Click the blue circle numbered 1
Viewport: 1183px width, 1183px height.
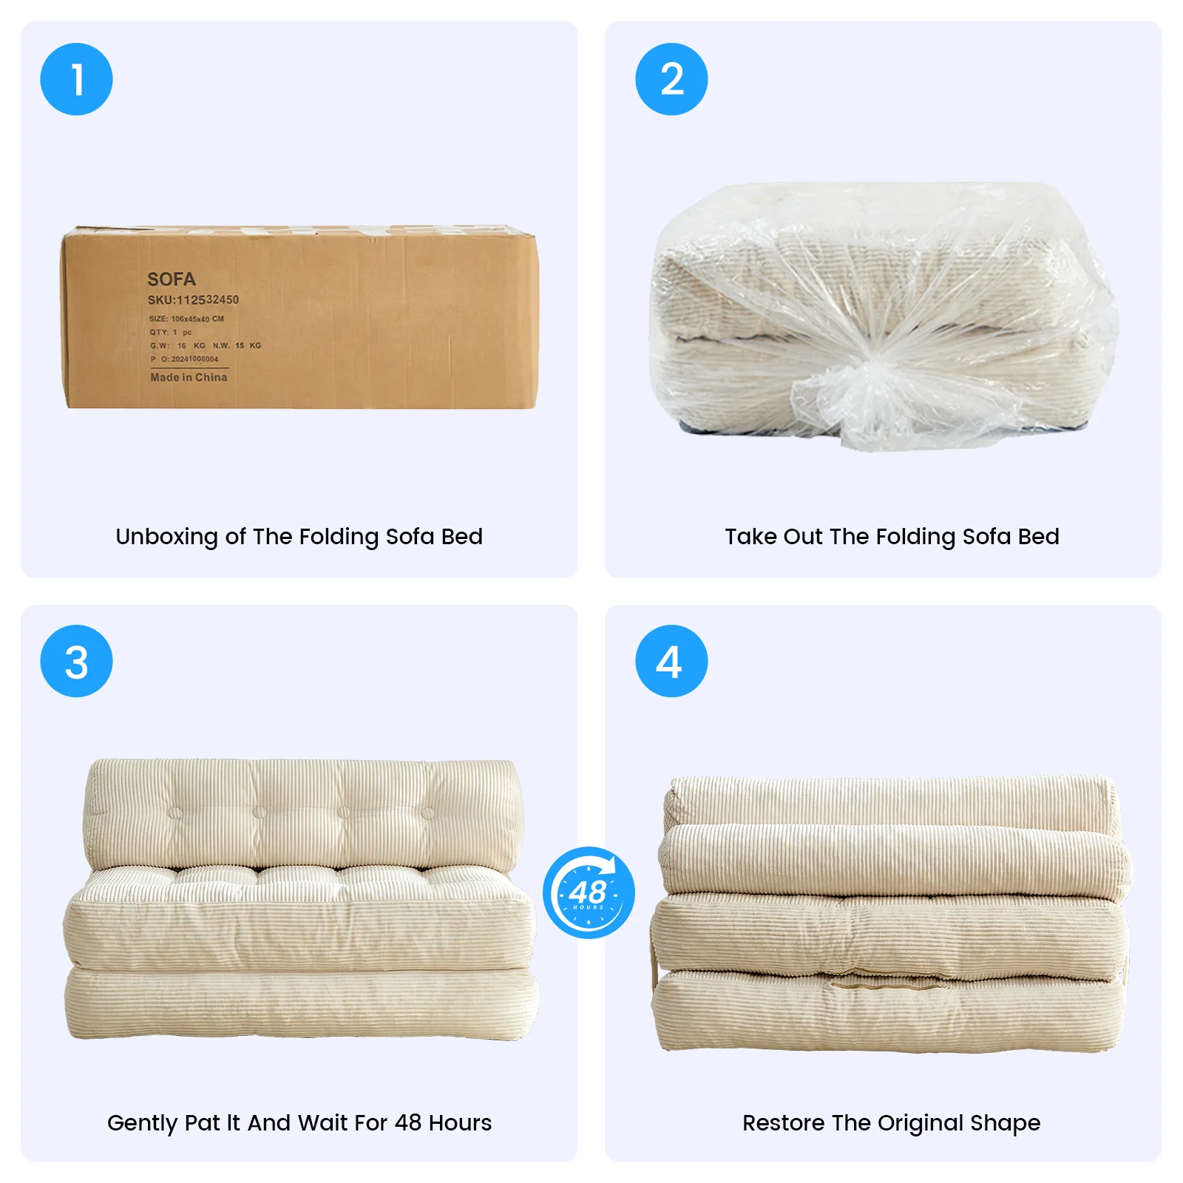click(x=76, y=79)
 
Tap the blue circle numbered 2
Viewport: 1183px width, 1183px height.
click(x=671, y=79)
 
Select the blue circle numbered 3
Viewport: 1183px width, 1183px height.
click(x=76, y=661)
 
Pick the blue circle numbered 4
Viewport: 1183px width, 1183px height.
click(x=671, y=661)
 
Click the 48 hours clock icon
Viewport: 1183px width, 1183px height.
click(x=589, y=892)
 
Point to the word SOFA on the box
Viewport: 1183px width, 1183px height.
click(x=172, y=279)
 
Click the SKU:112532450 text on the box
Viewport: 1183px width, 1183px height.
click(x=193, y=299)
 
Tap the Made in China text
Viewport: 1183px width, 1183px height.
click(x=189, y=377)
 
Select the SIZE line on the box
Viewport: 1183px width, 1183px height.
click(x=186, y=319)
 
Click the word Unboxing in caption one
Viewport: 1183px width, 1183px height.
click(x=167, y=537)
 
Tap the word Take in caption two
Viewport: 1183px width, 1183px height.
click(x=750, y=536)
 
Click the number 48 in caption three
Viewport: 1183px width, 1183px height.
click(x=407, y=1122)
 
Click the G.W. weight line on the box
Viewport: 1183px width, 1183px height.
click(x=206, y=345)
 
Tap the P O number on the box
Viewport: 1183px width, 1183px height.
click(x=184, y=359)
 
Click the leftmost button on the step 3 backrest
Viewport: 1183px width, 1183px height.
click(x=174, y=813)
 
